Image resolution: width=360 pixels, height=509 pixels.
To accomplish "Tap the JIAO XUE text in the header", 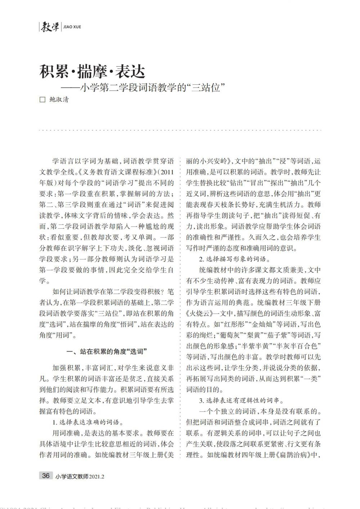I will [72, 27].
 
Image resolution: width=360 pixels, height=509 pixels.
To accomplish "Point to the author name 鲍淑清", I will [59, 100].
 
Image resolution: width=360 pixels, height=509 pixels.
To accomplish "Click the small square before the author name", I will [42, 100].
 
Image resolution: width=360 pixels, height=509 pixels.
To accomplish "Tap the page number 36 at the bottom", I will [46, 475].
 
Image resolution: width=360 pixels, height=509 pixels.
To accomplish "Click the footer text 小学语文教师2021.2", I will [80, 476].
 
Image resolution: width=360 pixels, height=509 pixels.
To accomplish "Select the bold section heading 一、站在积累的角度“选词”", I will [107, 351].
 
